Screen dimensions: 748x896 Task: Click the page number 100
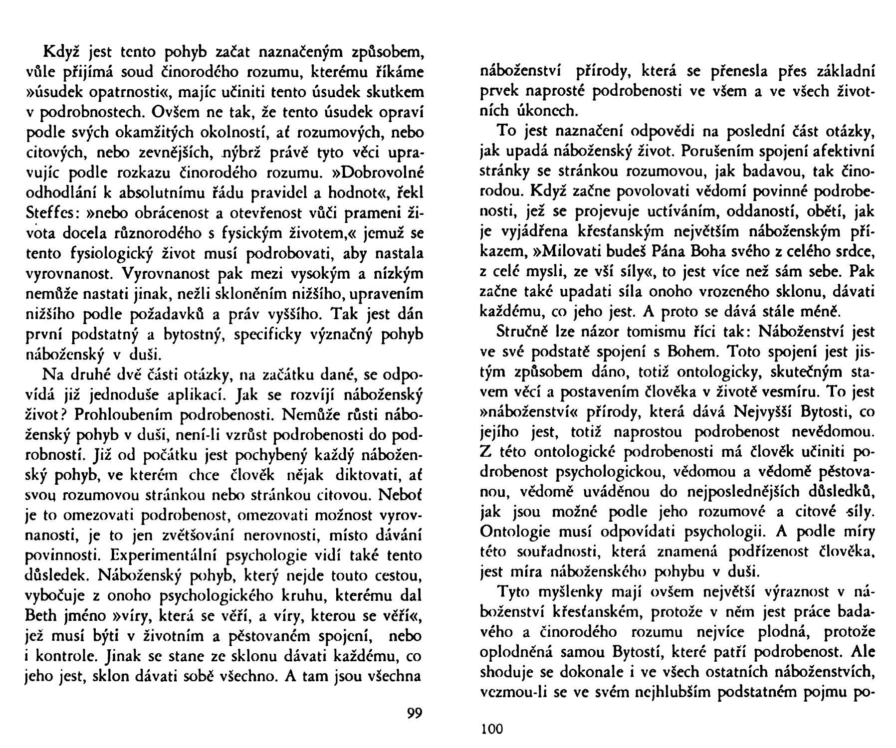(x=491, y=729)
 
